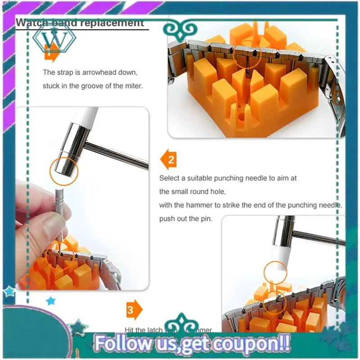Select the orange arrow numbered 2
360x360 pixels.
pos(169,160)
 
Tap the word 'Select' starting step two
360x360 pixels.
pos(169,178)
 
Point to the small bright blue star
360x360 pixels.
pos(51,300)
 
